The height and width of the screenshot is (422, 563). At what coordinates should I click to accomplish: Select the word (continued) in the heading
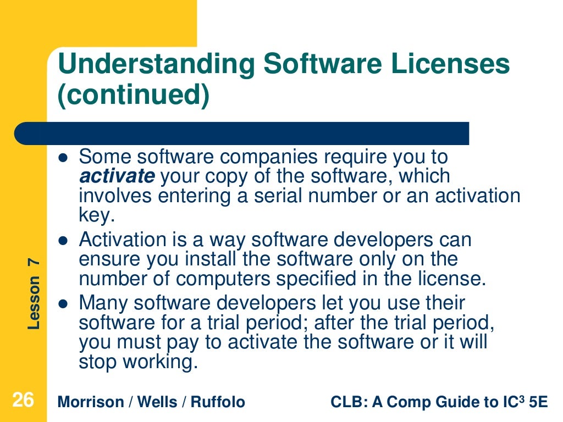point(134,95)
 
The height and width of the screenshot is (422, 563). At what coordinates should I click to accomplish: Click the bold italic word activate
point(117,176)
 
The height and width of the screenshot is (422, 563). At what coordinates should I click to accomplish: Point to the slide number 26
point(23,401)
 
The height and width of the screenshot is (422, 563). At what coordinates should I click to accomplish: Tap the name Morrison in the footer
point(91,402)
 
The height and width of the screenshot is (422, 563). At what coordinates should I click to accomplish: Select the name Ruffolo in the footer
point(218,402)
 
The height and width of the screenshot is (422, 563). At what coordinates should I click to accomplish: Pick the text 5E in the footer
point(538,402)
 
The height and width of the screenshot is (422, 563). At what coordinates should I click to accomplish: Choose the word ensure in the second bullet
point(109,259)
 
